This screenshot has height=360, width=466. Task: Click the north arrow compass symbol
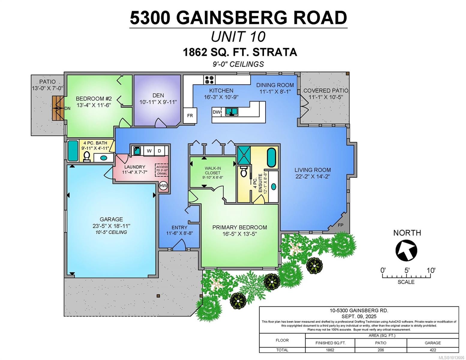(x=407, y=249)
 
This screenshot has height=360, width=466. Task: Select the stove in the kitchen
(x=209, y=79)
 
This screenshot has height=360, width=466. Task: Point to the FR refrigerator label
(x=190, y=115)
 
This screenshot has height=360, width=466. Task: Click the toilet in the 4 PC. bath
(x=87, y=156)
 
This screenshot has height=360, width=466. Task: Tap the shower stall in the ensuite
(x=244, y=155)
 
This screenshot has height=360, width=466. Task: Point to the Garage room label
(x=111, y=219)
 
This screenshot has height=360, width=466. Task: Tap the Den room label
(x=158, y=95)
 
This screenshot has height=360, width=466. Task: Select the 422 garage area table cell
(x=432, y=350)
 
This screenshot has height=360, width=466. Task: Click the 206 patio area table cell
(x=380, y=350)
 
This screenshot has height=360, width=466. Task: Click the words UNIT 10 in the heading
(x=238, y=37)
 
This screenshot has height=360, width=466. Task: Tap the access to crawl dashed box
(x=162, y=170)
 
